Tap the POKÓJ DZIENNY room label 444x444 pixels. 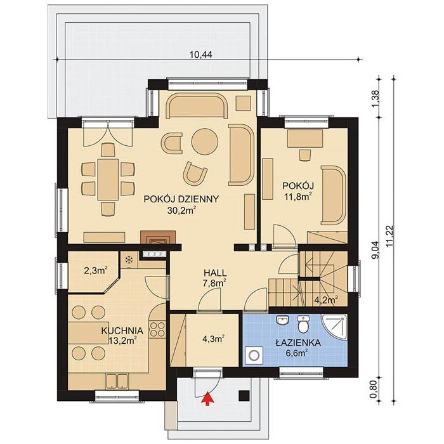(x=181, y=199)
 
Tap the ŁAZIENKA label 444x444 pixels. (x=297, y=342)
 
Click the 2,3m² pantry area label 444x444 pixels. (x=95, y=270)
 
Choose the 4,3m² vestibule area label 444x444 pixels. (x=213, y=339)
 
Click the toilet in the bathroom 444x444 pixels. (x=304, y=324)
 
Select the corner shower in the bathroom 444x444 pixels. (x=336, y=325)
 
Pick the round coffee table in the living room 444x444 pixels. (x=204, y=139)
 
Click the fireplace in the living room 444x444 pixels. (x=155, y=238)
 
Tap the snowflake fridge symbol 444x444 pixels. (x=129, y=259)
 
